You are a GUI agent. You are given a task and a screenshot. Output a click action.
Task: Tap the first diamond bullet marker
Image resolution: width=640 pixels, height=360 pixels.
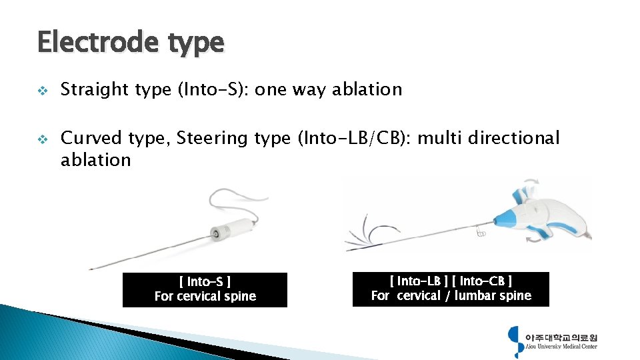coord(42,90)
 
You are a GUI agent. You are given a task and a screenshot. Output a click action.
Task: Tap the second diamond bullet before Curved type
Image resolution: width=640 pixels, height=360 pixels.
coord(42,139)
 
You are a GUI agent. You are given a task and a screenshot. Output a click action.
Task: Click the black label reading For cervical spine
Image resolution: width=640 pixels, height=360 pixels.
coord(205,290)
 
